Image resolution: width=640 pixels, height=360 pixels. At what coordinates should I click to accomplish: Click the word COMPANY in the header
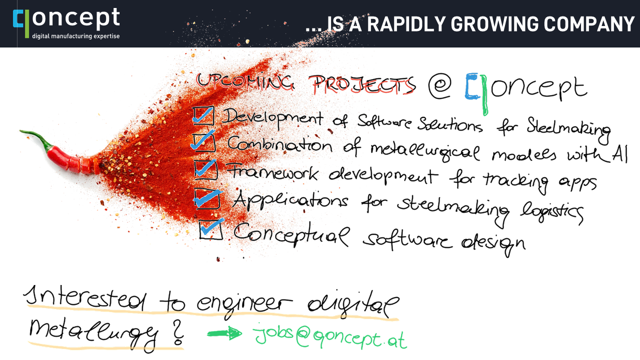589,24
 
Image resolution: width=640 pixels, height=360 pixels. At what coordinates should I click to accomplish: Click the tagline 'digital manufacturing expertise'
75,36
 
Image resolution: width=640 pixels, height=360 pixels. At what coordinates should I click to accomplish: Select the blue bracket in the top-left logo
17,18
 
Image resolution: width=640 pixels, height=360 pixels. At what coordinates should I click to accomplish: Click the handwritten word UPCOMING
245,81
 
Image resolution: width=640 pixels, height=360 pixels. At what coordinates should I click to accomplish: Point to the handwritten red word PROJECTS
362,85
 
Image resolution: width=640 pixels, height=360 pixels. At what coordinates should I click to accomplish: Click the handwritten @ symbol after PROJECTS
439,86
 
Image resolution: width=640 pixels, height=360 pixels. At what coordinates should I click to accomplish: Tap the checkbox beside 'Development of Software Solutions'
203,115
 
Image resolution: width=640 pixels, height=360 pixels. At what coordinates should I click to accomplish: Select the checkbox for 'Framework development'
205,169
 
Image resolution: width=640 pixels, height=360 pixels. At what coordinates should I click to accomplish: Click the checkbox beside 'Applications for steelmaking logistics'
207,198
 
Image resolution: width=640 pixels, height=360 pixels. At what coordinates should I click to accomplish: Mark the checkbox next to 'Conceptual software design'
211,229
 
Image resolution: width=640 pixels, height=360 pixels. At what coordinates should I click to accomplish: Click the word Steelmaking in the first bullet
568,130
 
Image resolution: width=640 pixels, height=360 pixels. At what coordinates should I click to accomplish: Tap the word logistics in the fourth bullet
552,213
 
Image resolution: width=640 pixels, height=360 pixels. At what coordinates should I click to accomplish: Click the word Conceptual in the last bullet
291,235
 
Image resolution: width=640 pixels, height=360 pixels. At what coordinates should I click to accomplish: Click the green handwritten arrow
224,333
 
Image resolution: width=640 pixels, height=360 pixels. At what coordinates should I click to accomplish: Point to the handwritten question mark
177,332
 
